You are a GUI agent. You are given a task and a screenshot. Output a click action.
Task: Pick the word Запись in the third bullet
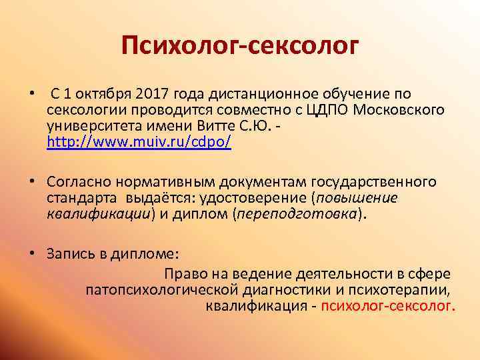coord(69,254)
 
